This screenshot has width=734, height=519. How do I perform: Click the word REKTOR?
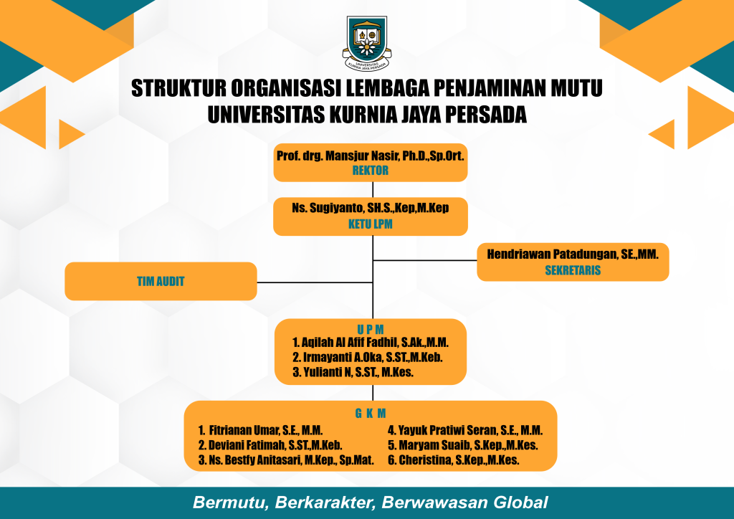(371, 171)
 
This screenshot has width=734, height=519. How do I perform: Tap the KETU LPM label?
(371, 224)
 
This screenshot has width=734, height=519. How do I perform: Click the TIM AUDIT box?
(161, 281)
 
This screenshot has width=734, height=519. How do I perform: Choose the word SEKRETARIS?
(573, 270)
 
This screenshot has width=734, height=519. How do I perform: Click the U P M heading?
(371, 329)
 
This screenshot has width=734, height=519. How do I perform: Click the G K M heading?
(371, 413)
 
